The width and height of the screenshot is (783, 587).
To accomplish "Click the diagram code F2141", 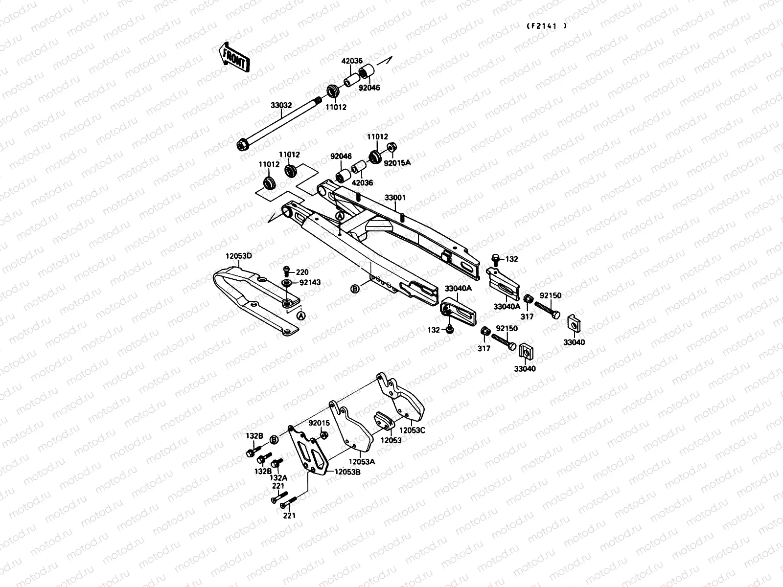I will click(x=547, y=26).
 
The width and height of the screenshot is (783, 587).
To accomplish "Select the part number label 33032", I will click(x=281, y=105).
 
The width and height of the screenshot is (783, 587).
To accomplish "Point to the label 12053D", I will click(x=238, y=256).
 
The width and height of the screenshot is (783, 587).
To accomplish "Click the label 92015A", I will click(x=397, y=163).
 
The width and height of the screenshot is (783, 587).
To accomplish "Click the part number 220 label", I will click(x=302, y=271).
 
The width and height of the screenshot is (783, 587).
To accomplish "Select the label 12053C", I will click(x=412, y=430).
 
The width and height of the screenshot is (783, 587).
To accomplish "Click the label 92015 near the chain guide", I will click(x=319, y=423).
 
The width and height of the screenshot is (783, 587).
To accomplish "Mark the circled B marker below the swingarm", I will click(x=355, y=289).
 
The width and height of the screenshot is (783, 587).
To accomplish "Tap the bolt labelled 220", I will click(x=287, y=270).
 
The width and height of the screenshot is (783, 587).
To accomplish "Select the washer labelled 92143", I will click(x=286, y=283).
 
